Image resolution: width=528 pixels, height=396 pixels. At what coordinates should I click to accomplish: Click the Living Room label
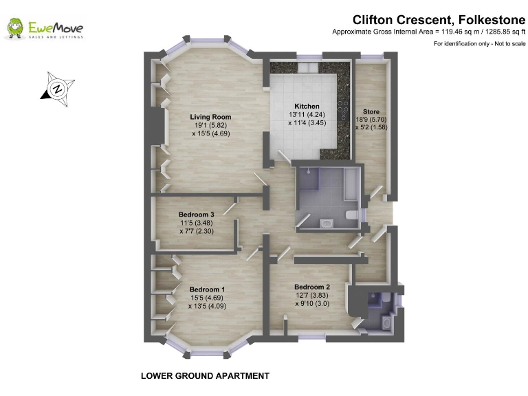click(210, 117)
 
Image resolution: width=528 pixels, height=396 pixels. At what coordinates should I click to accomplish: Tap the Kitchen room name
click(307, 106)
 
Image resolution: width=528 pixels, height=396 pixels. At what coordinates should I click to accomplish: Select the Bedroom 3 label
click(197, 214)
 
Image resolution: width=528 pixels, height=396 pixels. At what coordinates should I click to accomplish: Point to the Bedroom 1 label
click(207, 289)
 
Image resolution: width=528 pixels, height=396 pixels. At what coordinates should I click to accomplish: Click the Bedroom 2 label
click(312, 287)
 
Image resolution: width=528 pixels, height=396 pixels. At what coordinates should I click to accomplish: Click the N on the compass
click(58, 89)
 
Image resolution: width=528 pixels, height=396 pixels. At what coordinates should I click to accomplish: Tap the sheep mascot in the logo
click(15, 29)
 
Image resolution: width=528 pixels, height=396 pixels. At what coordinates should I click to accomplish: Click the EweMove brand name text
click(56, 27)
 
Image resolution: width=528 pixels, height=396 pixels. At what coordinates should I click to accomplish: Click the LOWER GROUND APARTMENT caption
click(205, 376)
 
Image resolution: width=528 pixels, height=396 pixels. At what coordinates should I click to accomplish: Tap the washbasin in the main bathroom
click(325, 221)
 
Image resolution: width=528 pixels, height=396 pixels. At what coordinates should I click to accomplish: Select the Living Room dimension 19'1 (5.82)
click(210, 126)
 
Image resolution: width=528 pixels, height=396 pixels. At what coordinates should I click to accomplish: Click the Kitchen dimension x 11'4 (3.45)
click(307, 123)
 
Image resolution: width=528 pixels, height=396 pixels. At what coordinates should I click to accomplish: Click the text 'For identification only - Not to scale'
click(479, 44)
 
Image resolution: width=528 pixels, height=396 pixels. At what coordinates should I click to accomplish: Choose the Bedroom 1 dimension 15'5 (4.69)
click(207, 298)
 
